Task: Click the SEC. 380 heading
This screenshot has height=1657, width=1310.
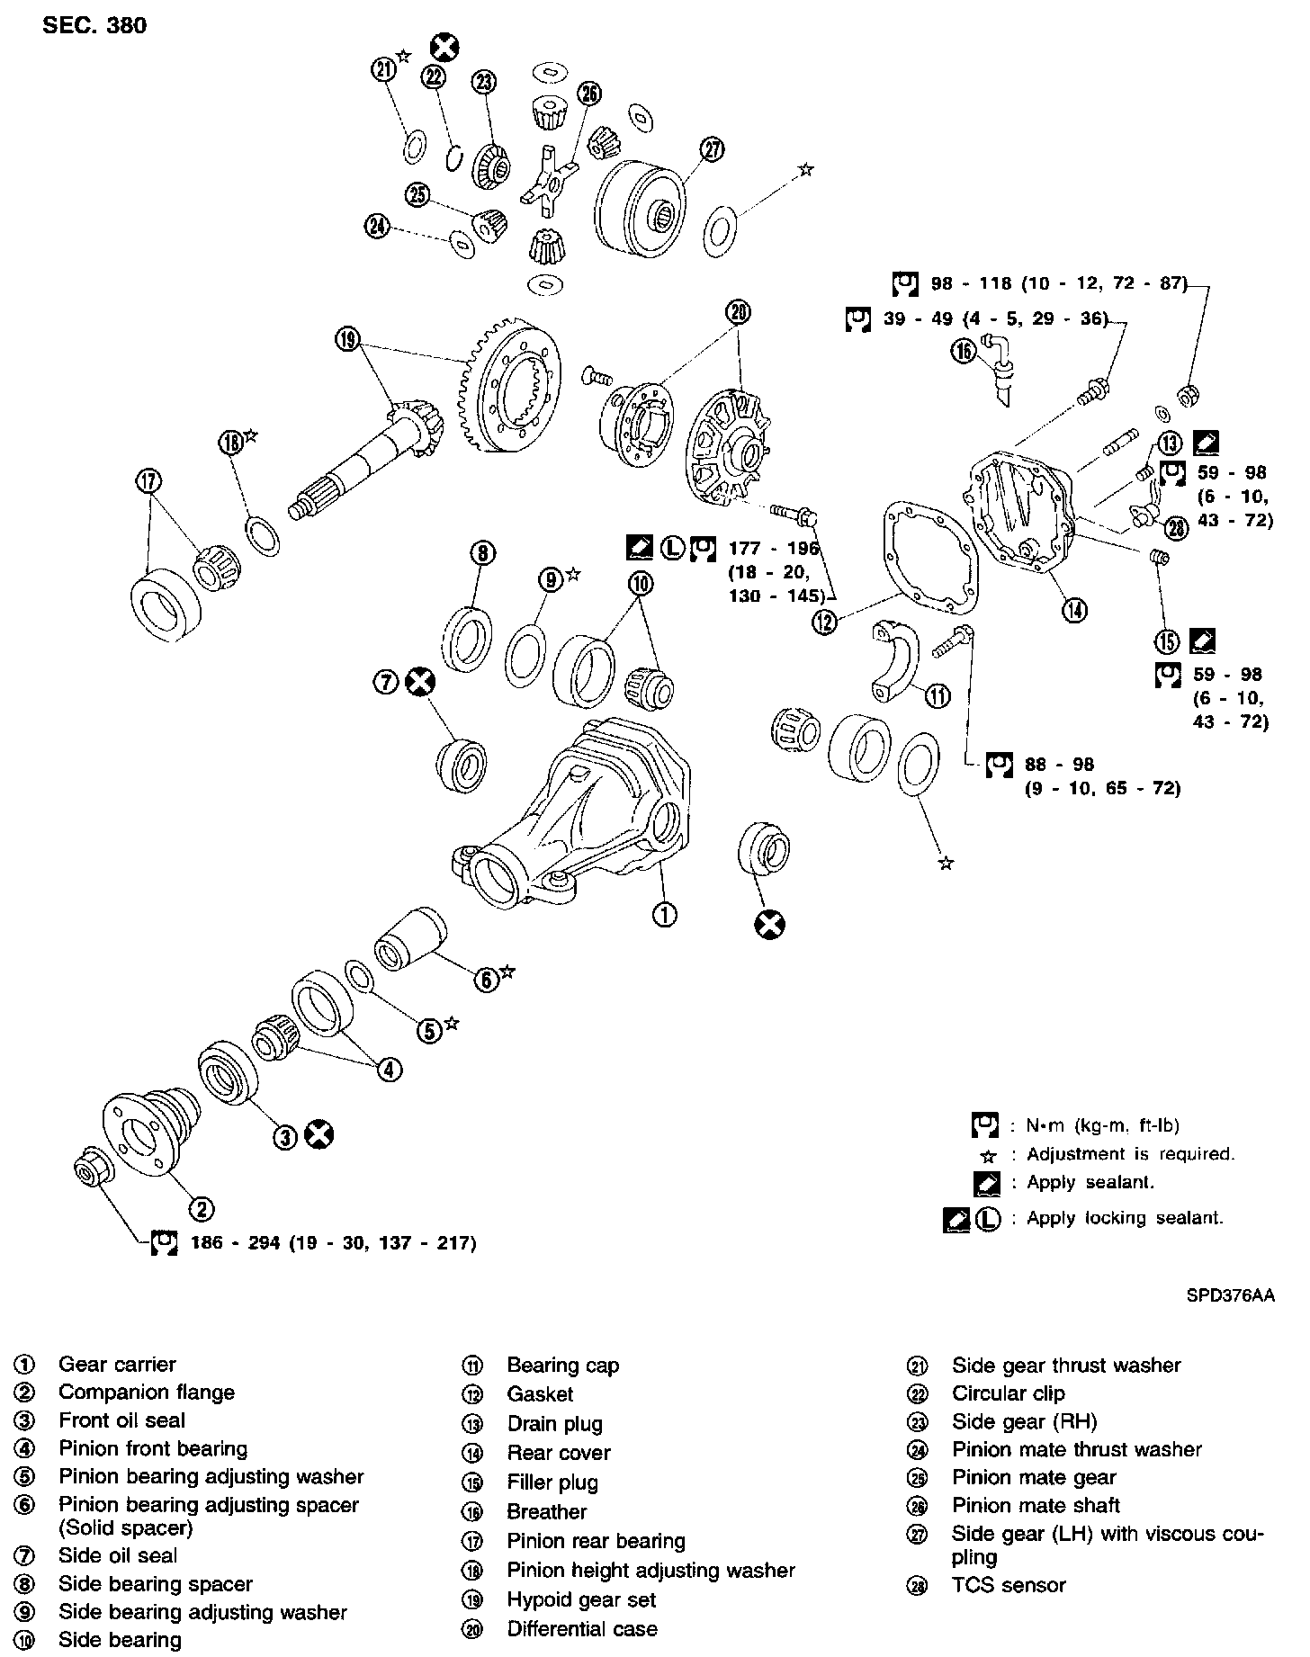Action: click(x=94, y=25)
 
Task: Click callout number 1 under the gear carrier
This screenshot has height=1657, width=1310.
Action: click(x=665, y=916)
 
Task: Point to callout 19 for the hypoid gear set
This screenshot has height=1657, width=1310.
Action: click(x=348, y=339)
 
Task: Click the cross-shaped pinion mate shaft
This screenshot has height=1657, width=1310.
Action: click(x=549, y=183)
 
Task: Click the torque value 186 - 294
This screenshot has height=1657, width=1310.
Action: click(x=333, y=1243)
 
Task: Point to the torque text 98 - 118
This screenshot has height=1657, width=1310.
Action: click(x=1058, y=284)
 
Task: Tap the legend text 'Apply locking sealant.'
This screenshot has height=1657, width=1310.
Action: click(x=1125, y=1219)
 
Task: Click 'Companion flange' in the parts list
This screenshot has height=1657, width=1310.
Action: click(x=147, y=1393)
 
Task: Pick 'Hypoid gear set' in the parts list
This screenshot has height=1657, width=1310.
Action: click(x=581, y=1600)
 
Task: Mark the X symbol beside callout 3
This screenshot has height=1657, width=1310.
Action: click(x=319, y=1135)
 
